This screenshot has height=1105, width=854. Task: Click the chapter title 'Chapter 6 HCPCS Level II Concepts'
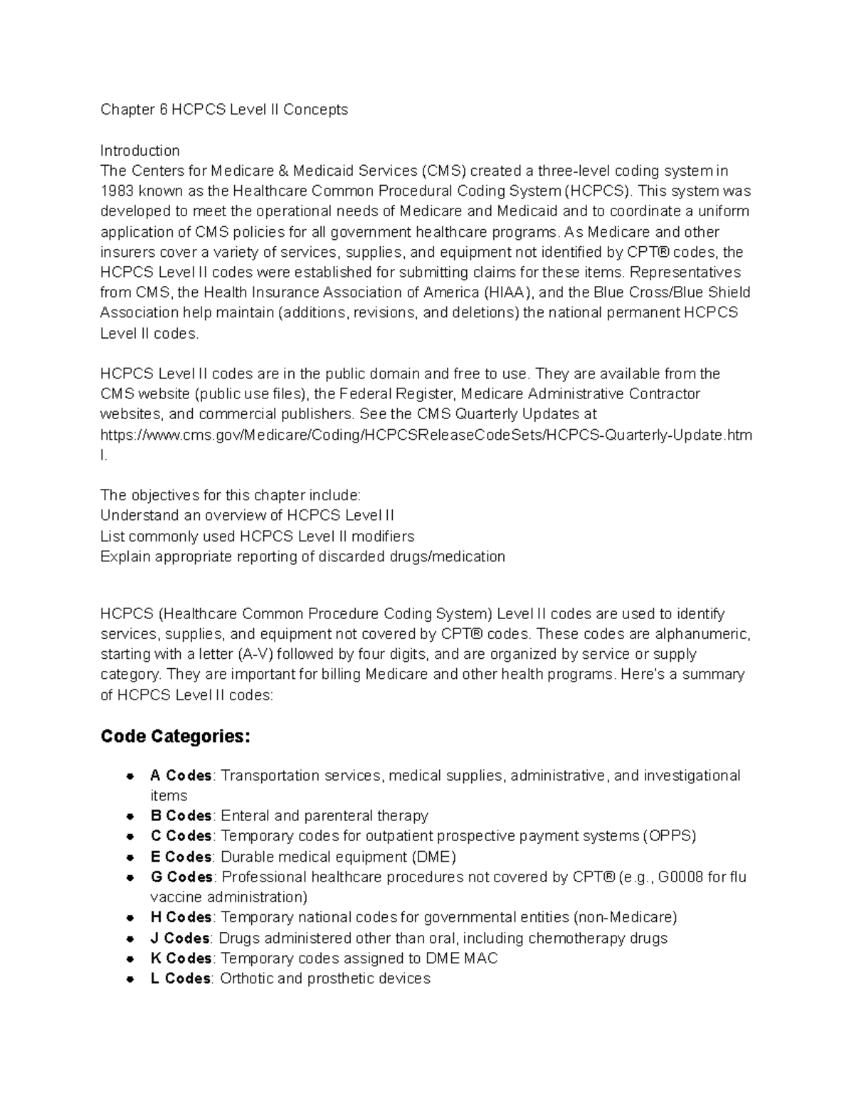pyautogui.click(x=224, y=110)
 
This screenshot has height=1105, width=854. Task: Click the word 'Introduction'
pyautogui.click(x=139, y=151)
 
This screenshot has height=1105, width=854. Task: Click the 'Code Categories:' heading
pyautogui.click(x=176, y=736)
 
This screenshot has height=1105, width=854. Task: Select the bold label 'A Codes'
pyautogui.click(x=181, y=776)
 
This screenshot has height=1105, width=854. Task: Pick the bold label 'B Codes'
pyautogui.click(x=181, y=816)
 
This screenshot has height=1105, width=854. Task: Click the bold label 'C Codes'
pyautogui.click(x=181, y=836)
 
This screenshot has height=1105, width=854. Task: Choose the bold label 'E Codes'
pyautogui.click(x=181, y=857)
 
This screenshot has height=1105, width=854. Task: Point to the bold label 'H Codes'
pyautogui.click(x=181, y=917)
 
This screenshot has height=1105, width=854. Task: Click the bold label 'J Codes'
pyautogui.click(x=179, y=939)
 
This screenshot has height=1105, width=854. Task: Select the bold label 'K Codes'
pyautogui.click(x=181, y=958)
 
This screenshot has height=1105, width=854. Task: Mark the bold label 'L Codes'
pyautogui.click(x=180, y=979)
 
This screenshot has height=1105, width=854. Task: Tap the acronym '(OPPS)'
pyautogui.click(x=669, y=836)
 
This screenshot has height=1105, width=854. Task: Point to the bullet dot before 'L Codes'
pyautogui.click(x=130, y=980)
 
